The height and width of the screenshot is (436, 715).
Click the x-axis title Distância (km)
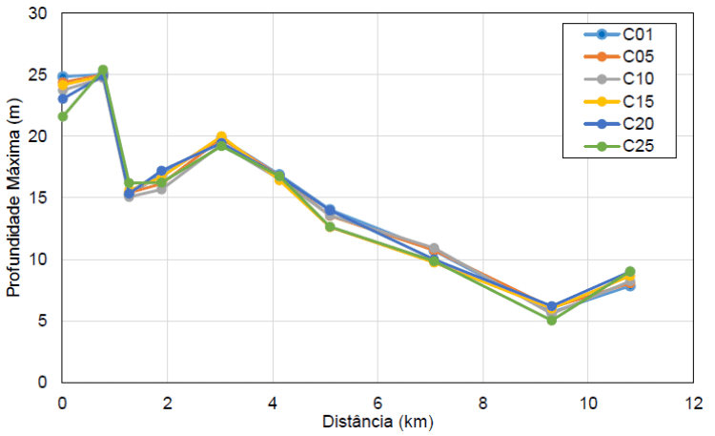(378, 421)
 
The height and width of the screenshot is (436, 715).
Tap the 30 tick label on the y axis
(38, 14)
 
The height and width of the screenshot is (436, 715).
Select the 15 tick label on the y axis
(38, 198)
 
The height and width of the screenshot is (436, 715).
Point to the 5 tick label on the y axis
(43, 322)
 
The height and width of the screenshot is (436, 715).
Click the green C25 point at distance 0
(63, 116)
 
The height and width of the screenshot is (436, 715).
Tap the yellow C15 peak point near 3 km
(221, 137)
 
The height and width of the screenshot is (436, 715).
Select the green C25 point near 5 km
(330, 227)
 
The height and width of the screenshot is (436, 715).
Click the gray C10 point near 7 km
(434, 249)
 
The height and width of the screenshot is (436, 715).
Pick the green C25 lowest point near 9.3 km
(551, 321)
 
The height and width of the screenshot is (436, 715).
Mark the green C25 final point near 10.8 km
(630, 272)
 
